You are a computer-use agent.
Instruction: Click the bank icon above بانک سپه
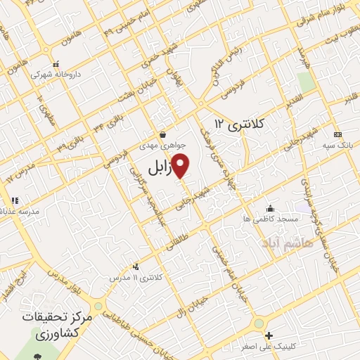(x=338, y=135)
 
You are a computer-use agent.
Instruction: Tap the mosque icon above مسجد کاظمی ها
(x=271, y=208)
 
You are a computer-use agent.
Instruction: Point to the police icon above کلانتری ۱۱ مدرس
(x=136, y=266)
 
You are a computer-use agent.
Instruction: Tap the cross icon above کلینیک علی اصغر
(x=268, y=335)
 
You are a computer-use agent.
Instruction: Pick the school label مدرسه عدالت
(x=22, y=212)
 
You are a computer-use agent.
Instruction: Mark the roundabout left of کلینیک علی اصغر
(x=259, y=324)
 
